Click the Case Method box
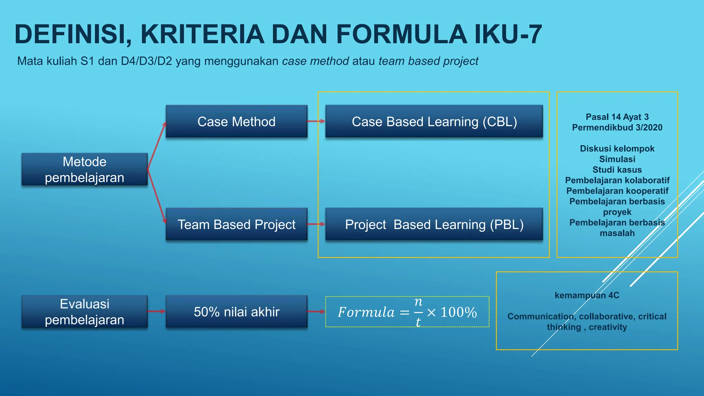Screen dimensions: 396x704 [x=236, y=122]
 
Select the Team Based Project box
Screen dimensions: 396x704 [x=236, y=224]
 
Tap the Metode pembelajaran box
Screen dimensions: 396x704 [x=85, y=169]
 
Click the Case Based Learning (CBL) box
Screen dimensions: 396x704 [x=434, y=122]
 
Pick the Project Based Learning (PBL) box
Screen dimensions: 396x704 [x=434, y=224]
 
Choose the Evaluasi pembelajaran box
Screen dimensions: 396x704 [x=85, y=312]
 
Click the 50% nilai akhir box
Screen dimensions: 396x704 [x=236, y=312]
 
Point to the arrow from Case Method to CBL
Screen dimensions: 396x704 [x=316, y=121]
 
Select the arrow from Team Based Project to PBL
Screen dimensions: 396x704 [x=316, y=224]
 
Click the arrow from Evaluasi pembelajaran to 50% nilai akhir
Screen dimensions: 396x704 [x=156, y=311]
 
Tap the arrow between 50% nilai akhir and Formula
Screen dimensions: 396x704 [x=316, y=312]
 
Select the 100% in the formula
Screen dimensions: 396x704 [x=459, y=312]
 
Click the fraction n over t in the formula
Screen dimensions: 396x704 [x=418, y=312]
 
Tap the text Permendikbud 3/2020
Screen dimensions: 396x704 [x=617, y=128]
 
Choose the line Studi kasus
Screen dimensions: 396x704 [x=617, y=170]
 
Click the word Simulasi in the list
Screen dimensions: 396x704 [x=617, y=159]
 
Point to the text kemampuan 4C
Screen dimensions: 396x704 [x=587, y=295]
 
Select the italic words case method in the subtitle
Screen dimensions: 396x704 [x=316, y=61]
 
